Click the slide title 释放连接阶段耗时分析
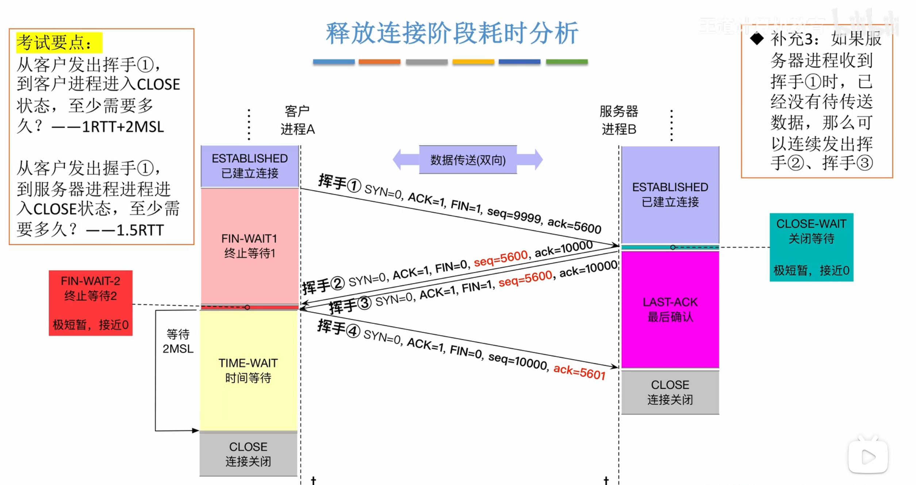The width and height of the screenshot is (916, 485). [452, 33]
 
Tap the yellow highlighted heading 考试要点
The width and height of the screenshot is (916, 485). [58, 43]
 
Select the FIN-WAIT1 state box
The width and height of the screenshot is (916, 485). [250, 246]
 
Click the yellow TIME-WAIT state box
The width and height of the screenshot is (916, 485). [248, 370]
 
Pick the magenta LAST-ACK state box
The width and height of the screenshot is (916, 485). [670, 309]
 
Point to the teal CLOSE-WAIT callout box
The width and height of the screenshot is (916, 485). [811, 247]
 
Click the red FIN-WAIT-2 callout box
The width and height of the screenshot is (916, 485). [91, 303]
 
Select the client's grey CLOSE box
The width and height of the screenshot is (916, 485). [248, 454]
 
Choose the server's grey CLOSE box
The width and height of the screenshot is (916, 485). [670, 392]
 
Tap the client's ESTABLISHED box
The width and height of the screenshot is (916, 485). [250, 166]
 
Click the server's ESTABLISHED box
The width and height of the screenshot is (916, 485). [670, 194]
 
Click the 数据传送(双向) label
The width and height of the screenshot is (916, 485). [468, 160]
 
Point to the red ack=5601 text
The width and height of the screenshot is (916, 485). [579, 372]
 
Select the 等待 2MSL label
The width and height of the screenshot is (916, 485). [178, 341]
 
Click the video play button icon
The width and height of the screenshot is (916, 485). [868, 457]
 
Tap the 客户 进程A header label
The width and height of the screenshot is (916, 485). [297, 120]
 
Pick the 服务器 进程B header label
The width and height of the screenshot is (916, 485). [619, 120]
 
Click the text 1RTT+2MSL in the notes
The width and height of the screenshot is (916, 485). [123, 127]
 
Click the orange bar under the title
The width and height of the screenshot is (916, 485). [379, 62]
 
